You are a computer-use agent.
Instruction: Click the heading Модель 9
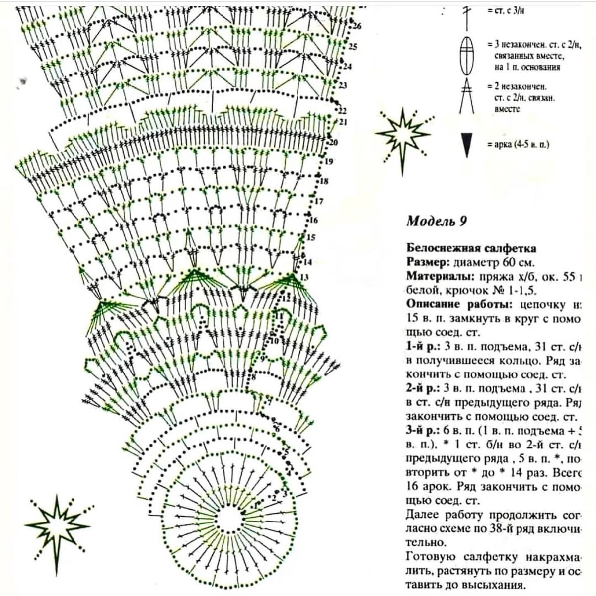click(437, 221)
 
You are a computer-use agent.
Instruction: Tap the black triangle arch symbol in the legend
click(466, 145)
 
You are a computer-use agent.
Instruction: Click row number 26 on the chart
click(358, 26)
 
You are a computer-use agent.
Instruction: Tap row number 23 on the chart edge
click(343, 86)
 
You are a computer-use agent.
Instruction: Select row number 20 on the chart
click(333, 143)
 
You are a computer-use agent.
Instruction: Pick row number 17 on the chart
click(318, 202)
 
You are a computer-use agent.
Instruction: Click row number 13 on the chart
click(304, 277)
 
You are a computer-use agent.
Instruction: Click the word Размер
click(423, 262)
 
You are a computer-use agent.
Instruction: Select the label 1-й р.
click(419, 346)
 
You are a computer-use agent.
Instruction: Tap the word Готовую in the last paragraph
click(429, 556)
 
